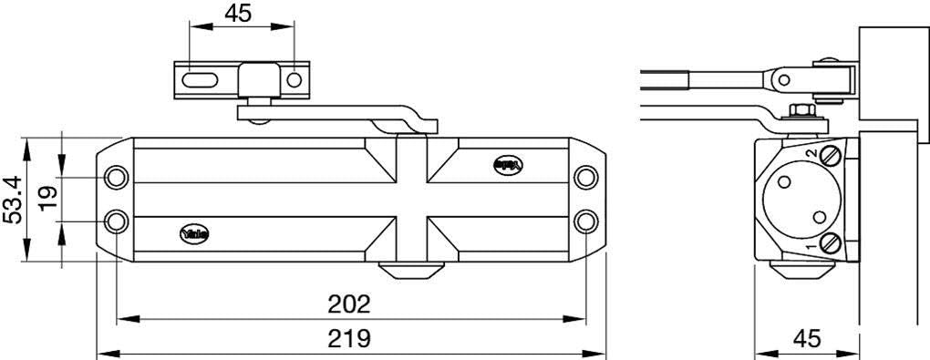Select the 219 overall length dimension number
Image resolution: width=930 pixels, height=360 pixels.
click(352, 338)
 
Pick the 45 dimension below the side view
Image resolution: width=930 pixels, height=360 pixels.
click(806, 338)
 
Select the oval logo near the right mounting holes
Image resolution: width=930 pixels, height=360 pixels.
click(507, 165)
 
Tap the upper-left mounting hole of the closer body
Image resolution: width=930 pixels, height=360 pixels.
click(116, 177)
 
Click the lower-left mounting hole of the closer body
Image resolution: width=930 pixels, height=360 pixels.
click(116, 221)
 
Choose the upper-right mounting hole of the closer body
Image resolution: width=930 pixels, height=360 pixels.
click(587, 177)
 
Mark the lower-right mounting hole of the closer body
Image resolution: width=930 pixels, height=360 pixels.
click(587, 221)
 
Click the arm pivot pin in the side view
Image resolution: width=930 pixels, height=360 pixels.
click(782, 81)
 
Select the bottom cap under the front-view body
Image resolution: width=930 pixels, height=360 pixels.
click(410, 270)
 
